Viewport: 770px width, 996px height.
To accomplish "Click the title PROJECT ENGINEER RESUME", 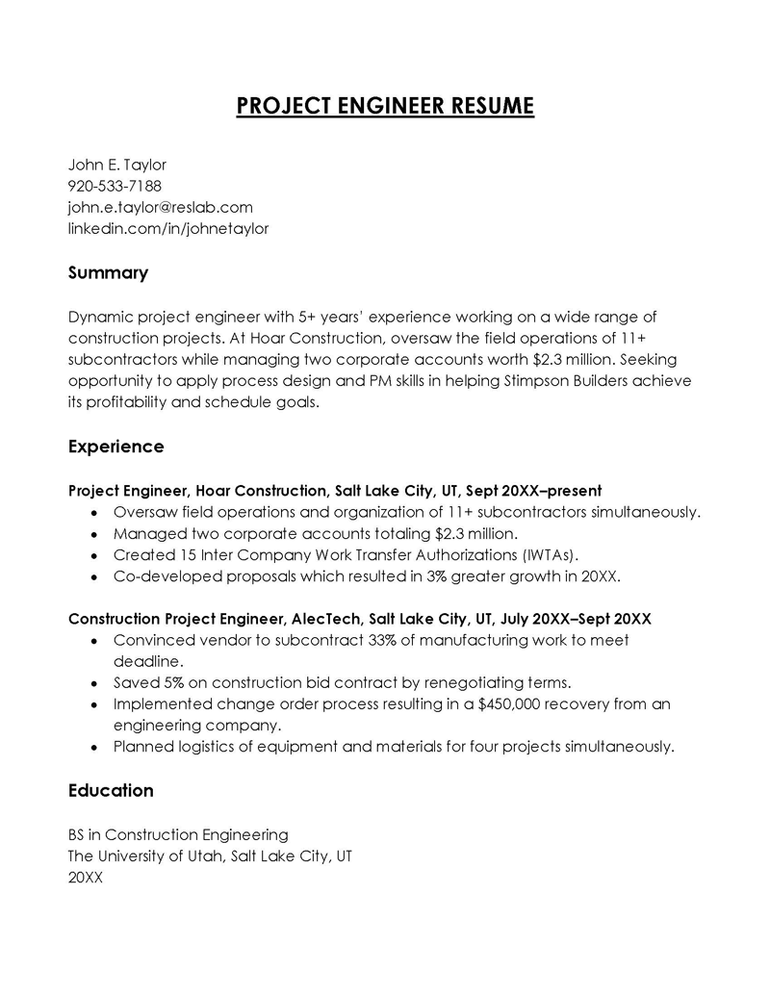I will (385, 105).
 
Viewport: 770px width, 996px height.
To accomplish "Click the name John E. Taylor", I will (116, 165).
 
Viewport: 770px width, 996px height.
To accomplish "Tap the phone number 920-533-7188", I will (115, 186).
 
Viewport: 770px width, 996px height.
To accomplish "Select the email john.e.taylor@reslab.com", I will (160, 207).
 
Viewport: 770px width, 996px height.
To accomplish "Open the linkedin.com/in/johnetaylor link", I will (167, 228).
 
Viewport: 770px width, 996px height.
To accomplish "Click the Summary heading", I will (108, 273).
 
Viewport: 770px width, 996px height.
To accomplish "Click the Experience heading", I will (115, 447).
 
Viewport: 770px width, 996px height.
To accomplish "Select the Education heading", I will (111, 790).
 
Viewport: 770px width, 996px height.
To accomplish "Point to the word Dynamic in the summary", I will (101, 317).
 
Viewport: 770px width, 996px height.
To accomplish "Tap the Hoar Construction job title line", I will (335, 490).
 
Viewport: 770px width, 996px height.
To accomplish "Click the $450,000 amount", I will (526, 703).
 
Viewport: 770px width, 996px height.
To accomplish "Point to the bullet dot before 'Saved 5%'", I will (93, 683).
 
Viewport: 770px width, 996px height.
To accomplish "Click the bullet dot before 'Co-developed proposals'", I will (93, 577).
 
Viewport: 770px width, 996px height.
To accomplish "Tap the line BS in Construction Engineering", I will (178, 834).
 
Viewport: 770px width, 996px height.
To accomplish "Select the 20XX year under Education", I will (85, 877).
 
